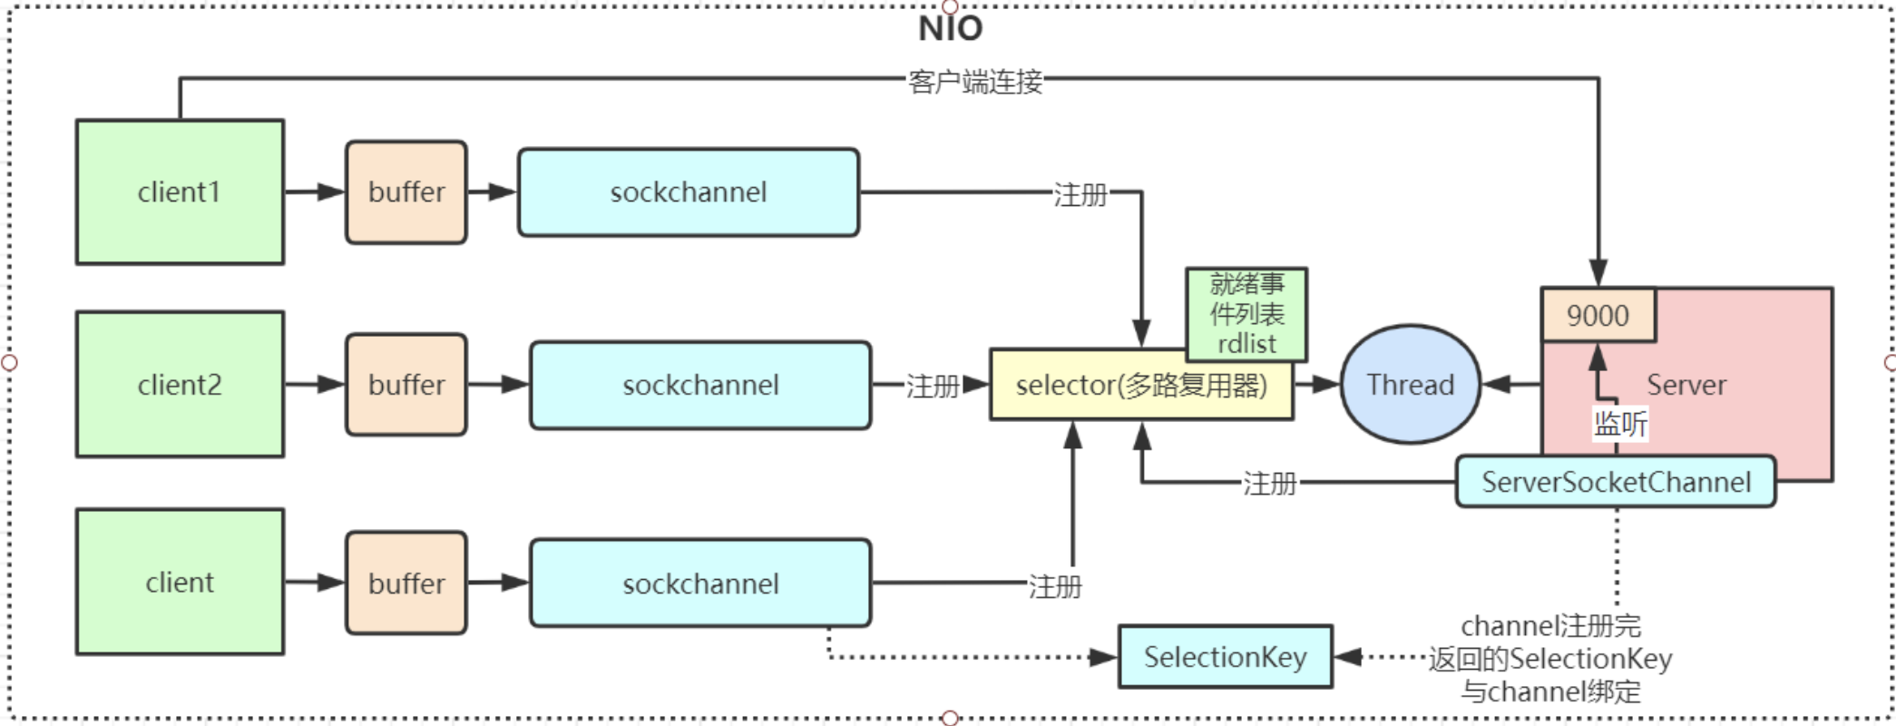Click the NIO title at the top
(x=950, y=28)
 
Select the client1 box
(x=180, y=192)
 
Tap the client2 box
(x=180, y=385)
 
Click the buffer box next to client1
(x=406, y=192)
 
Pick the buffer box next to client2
(x=406, y=385)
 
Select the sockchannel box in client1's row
(x=689, y=192)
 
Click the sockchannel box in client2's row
(x=700, y=385)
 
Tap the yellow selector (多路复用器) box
(x=1141, y=386)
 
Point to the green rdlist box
(x=1246, y=314)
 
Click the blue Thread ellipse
(x=1411, y=385)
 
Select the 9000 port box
(x=1598, y=316)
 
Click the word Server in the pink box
(x=1686, y=385)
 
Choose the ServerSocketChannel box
(x=1616, y=482)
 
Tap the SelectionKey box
(x=1225, y=656)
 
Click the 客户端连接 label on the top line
(x=975, y=82)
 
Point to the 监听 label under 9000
(x=1620, y=423)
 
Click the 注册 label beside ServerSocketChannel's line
(x=1269, y=483)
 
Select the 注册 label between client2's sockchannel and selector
(x=932, y=386)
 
